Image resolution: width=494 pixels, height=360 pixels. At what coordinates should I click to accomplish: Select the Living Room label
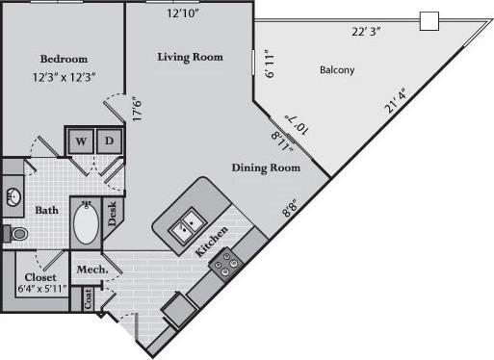tap(190, 57)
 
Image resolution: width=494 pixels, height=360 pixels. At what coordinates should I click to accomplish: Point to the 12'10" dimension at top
tap(184, 13)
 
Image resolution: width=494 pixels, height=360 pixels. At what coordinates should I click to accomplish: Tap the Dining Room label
tap(265, 167)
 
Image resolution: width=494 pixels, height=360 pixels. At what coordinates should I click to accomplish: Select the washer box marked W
tap(81, 141)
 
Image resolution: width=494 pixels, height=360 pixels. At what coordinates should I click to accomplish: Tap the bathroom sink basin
tap(13, 197)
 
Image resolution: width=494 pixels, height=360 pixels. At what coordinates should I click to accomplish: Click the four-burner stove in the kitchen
tap(227, 261)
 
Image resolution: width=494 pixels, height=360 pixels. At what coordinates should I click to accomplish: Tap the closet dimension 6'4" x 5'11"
tap(38, 287)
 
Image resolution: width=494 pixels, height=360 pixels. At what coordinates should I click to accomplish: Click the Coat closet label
tap(89, 300)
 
